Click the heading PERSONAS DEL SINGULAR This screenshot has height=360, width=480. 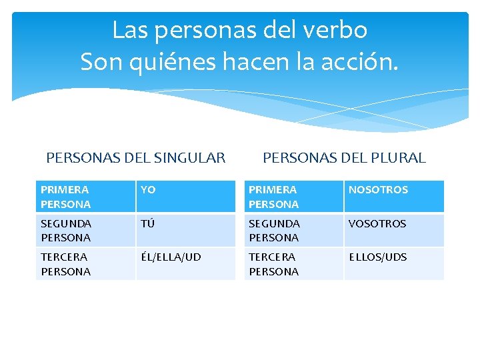point(136,158)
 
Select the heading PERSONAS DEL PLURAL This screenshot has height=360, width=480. point(344,158)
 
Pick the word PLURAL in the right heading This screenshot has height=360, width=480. point(398,158)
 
